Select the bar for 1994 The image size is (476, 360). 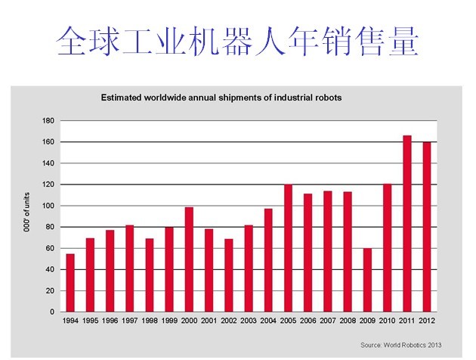click(71, 283)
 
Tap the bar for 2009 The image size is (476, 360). click(368, 280)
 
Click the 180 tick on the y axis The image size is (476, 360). click(48, 121)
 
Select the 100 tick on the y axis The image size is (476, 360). click(48, 206)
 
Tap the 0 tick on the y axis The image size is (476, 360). click(51, 312)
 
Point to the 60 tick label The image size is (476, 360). click(50, 248)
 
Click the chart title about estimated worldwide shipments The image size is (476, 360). click(222, 98)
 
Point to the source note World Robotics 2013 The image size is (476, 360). click(401, 345)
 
